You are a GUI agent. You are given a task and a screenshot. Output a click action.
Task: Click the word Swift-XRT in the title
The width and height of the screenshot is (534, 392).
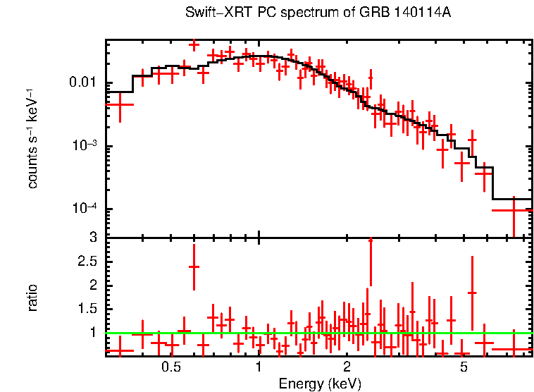point(211,13)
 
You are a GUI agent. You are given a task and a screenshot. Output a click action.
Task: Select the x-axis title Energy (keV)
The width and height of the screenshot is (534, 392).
point(320,384)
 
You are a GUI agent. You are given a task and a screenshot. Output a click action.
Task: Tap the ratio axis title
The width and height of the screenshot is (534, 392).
point(32,298)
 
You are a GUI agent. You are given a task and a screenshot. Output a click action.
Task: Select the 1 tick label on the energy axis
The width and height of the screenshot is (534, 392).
point(259,367)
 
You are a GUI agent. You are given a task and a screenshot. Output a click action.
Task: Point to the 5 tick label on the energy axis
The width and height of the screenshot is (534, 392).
point(464,367)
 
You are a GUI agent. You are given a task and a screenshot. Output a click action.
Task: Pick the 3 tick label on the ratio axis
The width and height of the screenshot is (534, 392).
point(92,238)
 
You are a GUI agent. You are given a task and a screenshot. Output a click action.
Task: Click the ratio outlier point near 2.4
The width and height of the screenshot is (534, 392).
point(194,267)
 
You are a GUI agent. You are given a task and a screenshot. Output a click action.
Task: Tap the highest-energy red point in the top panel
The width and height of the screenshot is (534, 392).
point(513,210)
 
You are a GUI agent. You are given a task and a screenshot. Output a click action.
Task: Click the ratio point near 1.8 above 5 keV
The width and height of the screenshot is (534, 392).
point(472,292)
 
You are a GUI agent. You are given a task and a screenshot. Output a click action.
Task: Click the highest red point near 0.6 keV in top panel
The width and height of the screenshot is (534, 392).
point(194,44)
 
